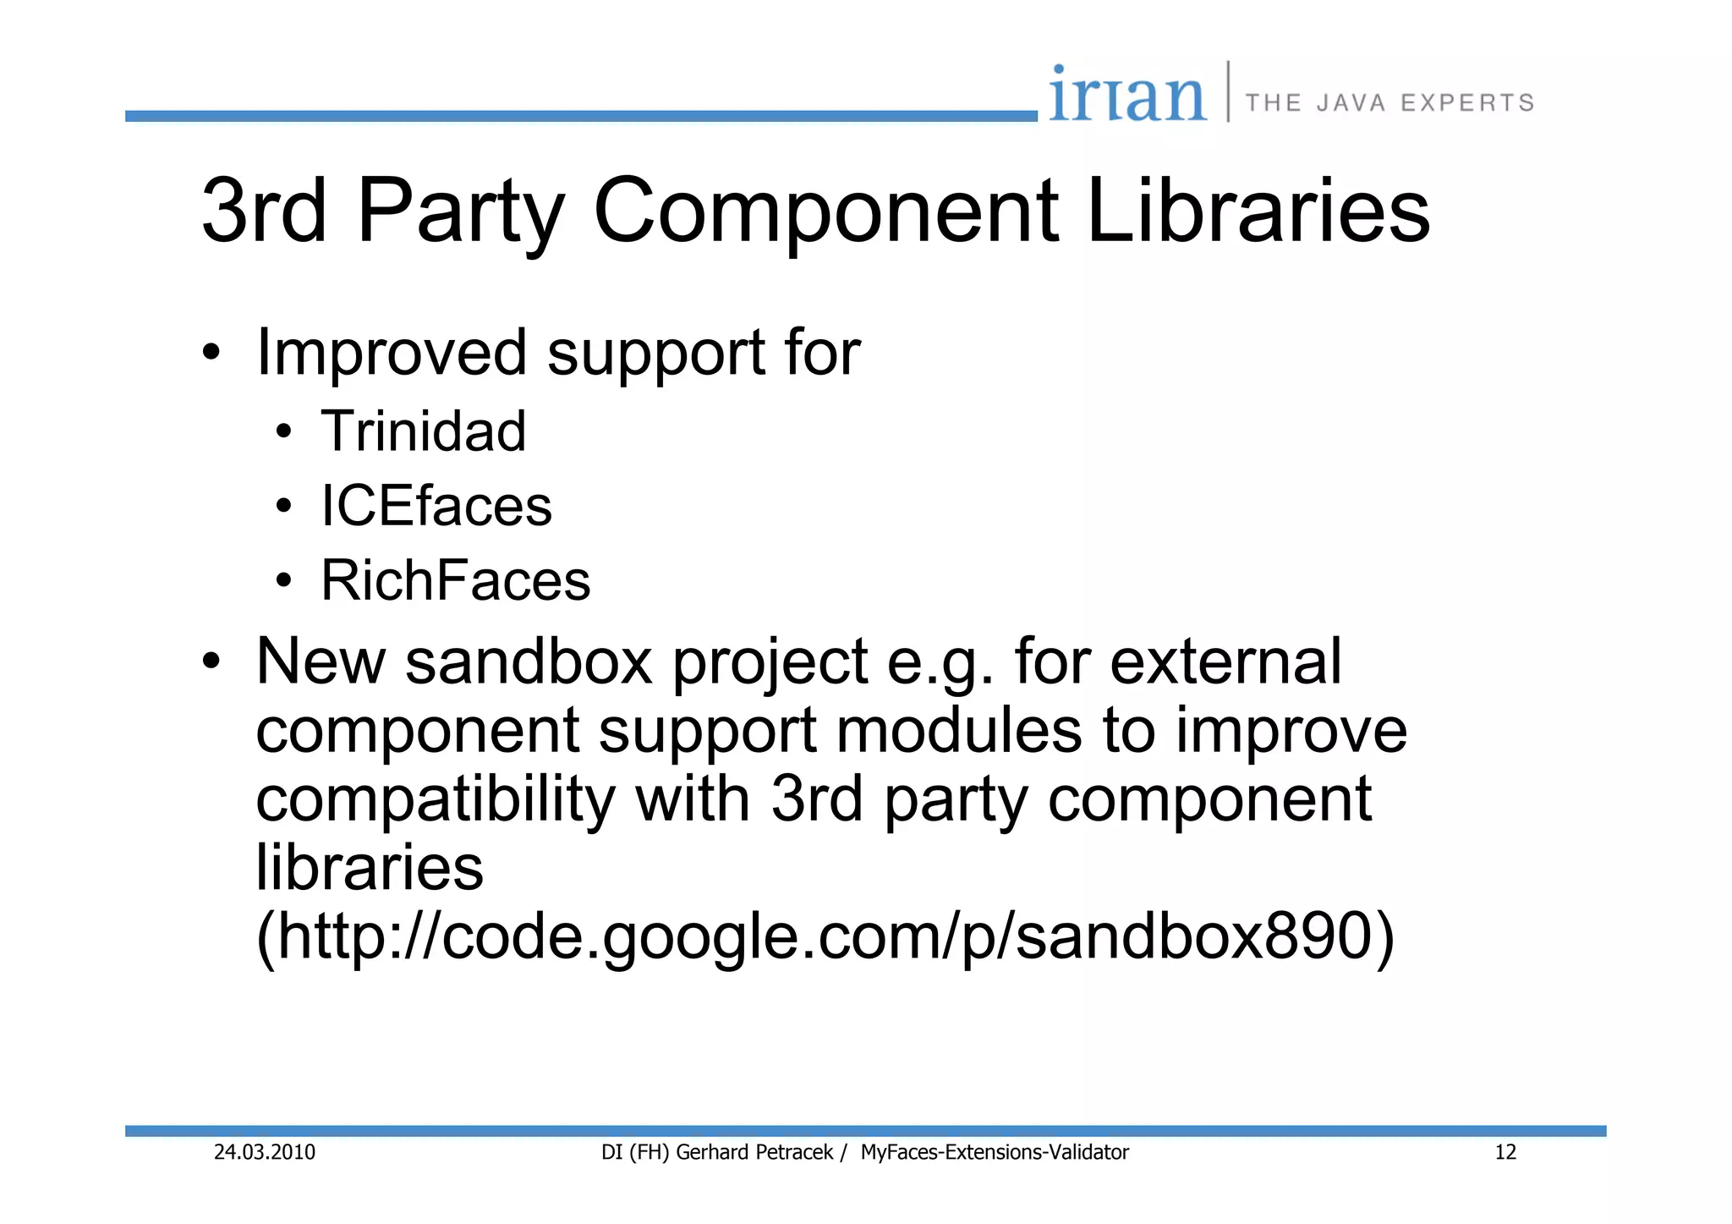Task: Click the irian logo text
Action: (1126, 95)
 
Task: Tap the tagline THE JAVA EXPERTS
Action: (1389, 103)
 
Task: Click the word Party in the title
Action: (460, 211)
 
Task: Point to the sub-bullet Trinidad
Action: (423, 431)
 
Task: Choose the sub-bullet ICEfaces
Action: (436, 506)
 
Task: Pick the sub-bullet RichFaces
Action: (455, 580)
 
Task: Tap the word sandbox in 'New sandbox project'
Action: (529, 661)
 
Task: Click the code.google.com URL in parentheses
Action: (825, 937)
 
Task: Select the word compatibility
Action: (436, 799)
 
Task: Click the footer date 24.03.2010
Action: (264, 1152)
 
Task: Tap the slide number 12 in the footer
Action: (1505, 1152)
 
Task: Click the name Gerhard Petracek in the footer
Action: (754, 1152)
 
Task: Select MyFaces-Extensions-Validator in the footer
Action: (995, 1152)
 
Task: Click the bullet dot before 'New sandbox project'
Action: (211, 661)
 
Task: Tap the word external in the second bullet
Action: (1225, 661)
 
